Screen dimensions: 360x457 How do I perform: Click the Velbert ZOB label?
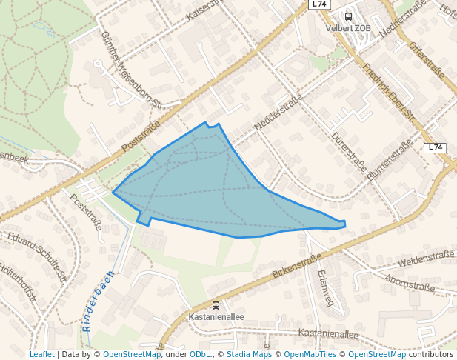(348, 28)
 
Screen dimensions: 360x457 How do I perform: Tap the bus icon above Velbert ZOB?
(348, 16)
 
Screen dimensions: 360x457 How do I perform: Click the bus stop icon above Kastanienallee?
(216, 304)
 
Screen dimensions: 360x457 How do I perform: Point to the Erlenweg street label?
(324, 287)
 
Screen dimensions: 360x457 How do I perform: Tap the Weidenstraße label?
(425, 259)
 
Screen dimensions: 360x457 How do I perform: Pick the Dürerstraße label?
(349, 152)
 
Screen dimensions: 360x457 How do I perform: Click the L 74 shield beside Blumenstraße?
(435, 147)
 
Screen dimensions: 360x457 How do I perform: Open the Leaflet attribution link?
(41, 354)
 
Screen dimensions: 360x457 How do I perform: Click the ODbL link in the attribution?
(200, 354)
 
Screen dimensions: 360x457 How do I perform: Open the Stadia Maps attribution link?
(250, 354)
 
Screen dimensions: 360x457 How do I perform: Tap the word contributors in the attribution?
(431, 354)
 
